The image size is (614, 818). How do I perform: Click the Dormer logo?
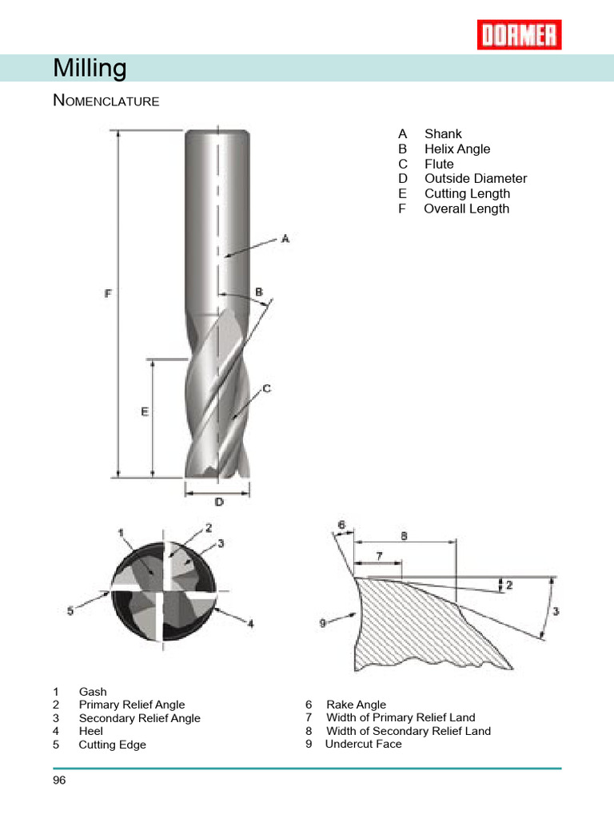pyautogui.click(x=519, y=35)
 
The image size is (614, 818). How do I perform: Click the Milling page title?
pyautogui.click(x=90, y=69)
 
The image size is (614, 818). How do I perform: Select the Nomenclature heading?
pyautogui.click(x=106, y=101)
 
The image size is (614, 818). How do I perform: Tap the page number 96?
pyautogui.click(x=59, y=780)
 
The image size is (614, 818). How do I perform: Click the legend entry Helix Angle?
pyautogui.click(x=457, y=149)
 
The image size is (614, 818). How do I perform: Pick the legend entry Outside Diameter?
pyautogui.click(x=475, y=179)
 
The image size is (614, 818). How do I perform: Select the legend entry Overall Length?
pyautogui.click(x=465, y=208)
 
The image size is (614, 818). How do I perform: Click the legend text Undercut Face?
pyautogui.click(x=363, y=744)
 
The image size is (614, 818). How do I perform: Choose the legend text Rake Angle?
pyautogui.click(x=356, y=705)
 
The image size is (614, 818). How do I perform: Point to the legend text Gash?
pyautogui.click(x=93, y=692)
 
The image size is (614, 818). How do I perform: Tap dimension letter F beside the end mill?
pyautogui.click(x=108, y=294)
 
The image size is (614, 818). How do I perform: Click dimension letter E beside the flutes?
pyautogui.click(x=145, y=412)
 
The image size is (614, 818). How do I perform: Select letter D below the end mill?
pyautogui.click(x=218, y=502)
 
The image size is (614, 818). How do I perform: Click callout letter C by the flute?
pyautogui.click(x=266, y=389)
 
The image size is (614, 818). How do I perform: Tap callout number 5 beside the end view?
pyautogui.click(x=70, y=610)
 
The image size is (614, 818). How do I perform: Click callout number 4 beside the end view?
pyautogui.click(x=250, y=624)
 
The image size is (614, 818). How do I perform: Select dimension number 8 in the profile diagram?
pyautogui.click(x=404, y=538)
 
